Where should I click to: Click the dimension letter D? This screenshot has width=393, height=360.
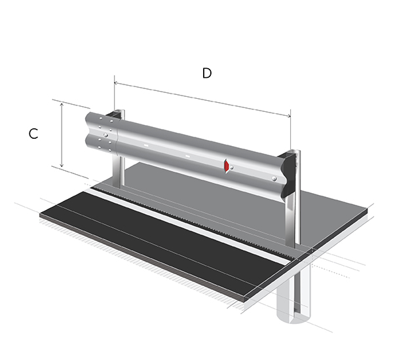207,73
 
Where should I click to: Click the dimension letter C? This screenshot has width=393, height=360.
33,134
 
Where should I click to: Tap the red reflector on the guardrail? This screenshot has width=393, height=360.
227,166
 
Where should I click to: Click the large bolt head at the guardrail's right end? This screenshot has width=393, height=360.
274,179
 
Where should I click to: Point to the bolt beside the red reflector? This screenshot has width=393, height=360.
232,168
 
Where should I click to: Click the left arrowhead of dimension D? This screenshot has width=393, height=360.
116,83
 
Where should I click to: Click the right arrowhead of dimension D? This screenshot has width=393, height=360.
289,115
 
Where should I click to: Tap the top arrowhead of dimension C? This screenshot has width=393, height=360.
62,105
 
